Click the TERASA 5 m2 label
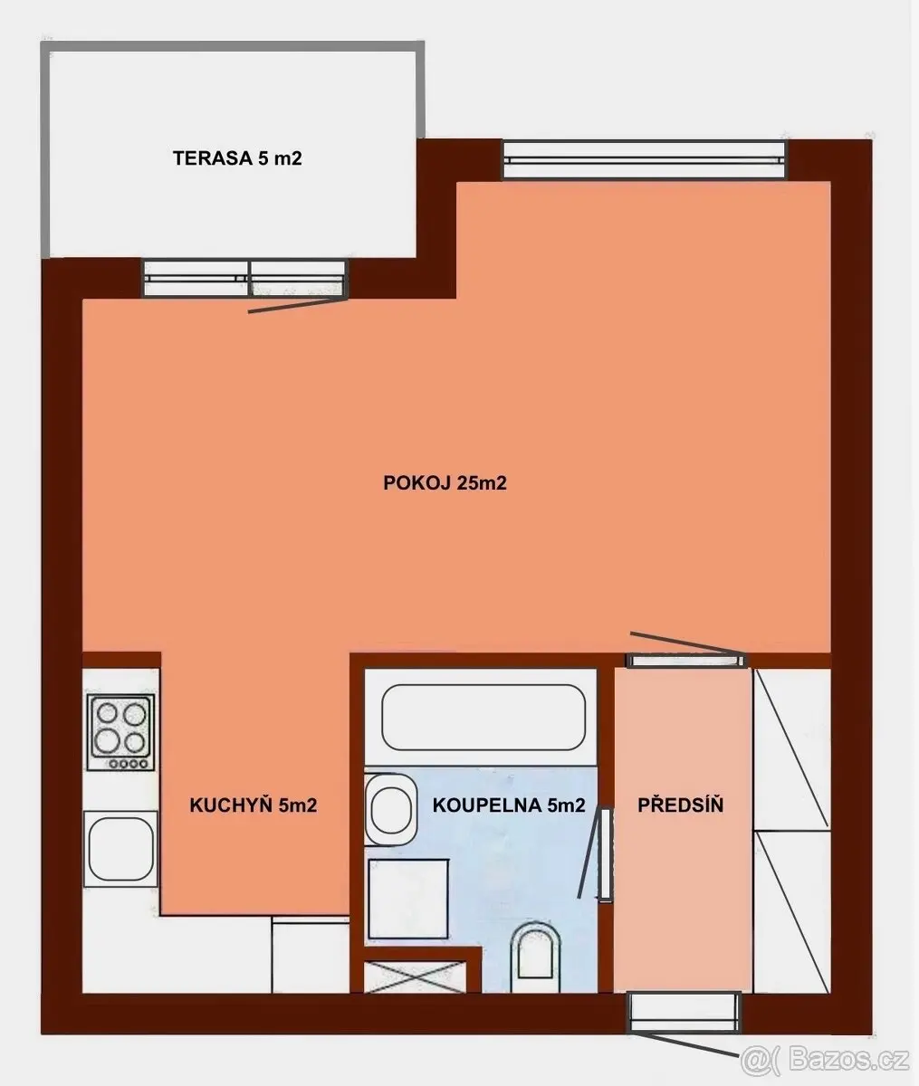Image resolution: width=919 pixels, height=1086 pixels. (237, 158)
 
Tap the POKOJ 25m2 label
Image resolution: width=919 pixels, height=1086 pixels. (445, 483)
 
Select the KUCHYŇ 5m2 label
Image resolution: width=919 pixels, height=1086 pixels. (253, 805)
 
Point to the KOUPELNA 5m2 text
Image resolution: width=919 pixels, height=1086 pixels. (509, 805)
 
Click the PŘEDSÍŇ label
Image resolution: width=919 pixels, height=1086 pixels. (680, 805)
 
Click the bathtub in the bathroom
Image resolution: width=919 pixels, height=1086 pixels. (483, 718)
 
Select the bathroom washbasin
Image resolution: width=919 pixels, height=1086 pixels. (390, 810)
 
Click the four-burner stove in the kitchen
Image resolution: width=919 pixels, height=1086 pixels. (121, 732)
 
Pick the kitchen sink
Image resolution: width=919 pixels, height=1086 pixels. (121, 849)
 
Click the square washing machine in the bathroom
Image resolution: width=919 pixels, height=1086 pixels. (408, 899)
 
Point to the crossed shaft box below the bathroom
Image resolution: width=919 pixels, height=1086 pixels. (415, 977)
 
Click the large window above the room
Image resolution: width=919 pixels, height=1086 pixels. (645, 159)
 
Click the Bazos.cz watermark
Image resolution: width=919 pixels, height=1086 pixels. (826, 1059)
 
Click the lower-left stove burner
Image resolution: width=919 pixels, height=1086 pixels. (106, 741)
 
